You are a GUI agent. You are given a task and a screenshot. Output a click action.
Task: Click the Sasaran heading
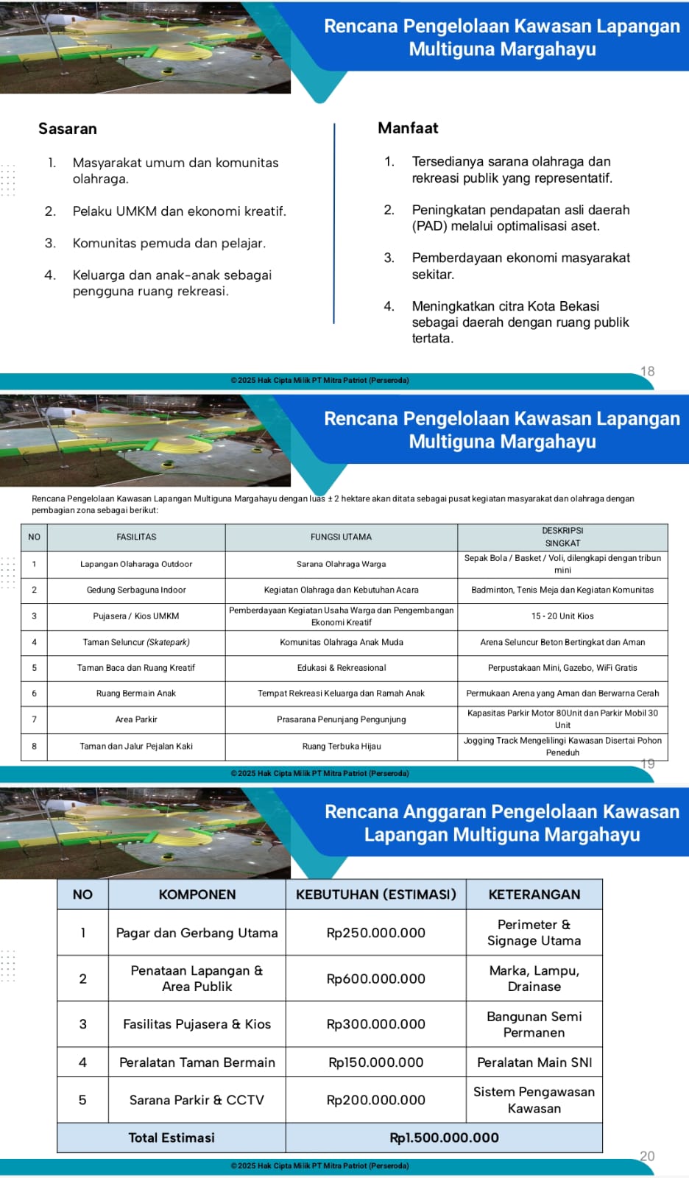click(68, 129)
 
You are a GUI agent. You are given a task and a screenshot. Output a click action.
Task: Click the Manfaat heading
click(408, 128)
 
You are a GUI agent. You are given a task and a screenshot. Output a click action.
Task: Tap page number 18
click(648, 371)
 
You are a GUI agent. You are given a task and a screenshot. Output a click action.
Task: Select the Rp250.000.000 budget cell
click(376, 933)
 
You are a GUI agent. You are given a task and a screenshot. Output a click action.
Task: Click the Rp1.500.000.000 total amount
click(444, 1138)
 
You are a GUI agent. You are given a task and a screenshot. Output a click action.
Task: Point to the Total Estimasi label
click(172, 1138)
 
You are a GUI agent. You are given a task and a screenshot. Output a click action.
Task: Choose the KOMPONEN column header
click(197, 895)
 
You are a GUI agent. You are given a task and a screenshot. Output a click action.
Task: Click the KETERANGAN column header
click(534, 895)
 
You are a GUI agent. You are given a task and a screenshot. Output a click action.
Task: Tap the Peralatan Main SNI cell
click(534, 1062)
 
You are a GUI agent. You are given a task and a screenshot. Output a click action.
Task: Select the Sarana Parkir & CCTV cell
click(197, 1100)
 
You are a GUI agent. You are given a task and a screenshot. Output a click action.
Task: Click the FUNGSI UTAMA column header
click(341, 537)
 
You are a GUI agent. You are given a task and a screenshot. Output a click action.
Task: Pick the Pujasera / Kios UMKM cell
click(136, 616)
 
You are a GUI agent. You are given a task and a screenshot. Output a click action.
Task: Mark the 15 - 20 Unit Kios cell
click(562, 616)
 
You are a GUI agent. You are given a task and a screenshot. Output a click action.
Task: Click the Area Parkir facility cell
click(136, 719)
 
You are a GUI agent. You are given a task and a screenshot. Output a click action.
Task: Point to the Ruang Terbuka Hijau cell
click(341, 747)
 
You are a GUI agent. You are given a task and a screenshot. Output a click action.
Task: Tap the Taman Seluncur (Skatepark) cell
click(136, 642)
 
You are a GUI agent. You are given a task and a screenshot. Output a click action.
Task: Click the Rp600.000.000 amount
click(376, 978)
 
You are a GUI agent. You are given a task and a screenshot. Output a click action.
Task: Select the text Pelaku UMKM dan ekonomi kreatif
click(179, 211)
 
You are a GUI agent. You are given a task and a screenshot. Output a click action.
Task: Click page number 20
click(647, 1156)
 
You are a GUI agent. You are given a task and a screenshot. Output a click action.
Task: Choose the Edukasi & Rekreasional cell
click(341, 668)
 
